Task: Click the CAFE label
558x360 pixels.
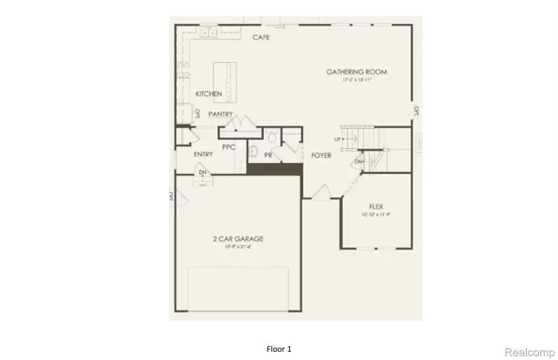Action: tap(260, 38)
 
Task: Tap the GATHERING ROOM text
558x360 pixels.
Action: tap(356, 72)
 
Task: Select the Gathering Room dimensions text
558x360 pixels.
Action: tap(356, 81)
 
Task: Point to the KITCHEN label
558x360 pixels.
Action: tap(208, 94)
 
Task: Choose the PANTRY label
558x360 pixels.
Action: tap(221, 114)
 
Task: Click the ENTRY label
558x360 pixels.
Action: tap(203, 154)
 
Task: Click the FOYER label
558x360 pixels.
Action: tap(321, 156)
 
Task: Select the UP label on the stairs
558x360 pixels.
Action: tap(338, 139)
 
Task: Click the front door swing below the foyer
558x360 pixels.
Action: tap(322, 193)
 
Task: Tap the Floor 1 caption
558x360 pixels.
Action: tap(280, 349)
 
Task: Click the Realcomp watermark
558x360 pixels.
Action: tap(529, 352)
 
